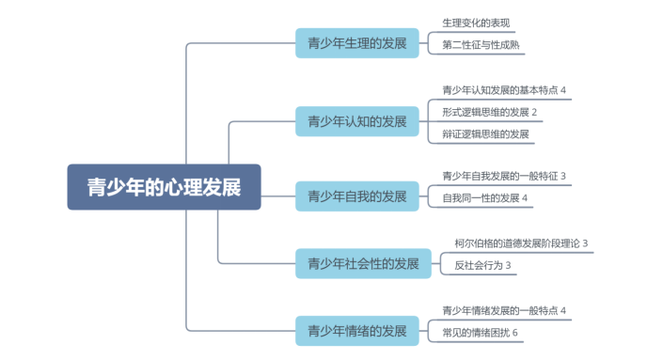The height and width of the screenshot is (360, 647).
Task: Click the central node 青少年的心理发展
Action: coord(164,187)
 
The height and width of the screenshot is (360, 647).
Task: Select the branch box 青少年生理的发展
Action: coord(356,43)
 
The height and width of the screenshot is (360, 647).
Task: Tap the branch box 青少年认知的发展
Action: coord(356,121)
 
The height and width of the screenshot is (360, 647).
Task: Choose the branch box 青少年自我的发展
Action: coord(356,196)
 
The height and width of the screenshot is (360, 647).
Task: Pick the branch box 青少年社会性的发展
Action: coord(363,264)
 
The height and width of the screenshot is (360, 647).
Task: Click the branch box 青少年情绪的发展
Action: coord(356,330)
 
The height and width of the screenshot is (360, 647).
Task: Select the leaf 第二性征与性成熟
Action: coord(481,44)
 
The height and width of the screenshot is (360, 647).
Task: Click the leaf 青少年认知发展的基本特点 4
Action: coord(504,90)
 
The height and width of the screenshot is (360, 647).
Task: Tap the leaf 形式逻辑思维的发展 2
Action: coord(489,113)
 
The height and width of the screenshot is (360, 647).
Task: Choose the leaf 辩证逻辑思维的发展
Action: coord(485,134)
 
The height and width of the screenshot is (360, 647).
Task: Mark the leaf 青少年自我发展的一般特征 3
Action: coord(504,176)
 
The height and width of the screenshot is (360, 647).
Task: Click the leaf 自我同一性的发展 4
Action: coord(485,198)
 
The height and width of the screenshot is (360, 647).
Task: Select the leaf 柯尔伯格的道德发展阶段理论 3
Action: coord(521,243)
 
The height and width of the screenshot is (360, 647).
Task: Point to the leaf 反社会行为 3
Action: coord(482,266)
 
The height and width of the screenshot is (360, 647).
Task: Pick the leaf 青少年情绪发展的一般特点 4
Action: coord(504,310)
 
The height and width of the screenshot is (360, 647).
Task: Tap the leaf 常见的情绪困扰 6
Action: coord(480,333)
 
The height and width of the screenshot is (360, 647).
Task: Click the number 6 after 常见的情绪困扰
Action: coord(515,333)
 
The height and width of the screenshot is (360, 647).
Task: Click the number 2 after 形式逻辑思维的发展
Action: coord(534,113)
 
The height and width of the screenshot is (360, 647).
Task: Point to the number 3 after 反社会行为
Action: coord(509,266)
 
